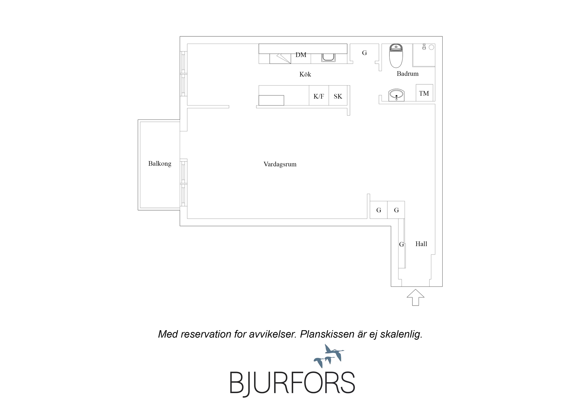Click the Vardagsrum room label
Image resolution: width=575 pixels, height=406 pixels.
(280, 164)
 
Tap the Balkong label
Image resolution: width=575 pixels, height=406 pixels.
(160, 164)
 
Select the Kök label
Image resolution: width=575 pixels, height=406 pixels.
(305, 74)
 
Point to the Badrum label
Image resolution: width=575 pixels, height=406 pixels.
(407, 74)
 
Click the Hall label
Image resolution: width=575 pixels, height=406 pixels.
(421, 244)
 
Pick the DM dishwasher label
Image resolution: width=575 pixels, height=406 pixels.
(301, 55)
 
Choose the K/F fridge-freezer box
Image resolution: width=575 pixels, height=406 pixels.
(319, 95)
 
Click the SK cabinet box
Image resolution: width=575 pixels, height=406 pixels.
(338, 95)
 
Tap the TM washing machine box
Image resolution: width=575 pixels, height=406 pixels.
(424, 93)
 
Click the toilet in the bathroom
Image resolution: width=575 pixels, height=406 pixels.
(396, 56)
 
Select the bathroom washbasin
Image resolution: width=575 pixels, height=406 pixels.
(396, 95)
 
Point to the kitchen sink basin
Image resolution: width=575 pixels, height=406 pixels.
(328, 57)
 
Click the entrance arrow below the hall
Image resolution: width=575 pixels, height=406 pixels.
(416, 297)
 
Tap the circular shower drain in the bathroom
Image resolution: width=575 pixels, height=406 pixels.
(431, 47)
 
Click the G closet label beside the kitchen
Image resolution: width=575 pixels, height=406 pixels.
(364, 53)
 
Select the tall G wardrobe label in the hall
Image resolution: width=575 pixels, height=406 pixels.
(401, 244)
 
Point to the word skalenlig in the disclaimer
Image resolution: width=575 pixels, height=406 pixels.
(401, 335)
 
